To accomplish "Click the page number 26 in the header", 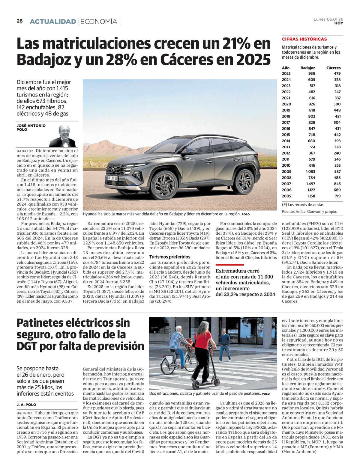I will point(19,21).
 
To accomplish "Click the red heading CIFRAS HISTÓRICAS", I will point(304,39).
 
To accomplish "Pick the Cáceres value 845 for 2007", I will point(337,184).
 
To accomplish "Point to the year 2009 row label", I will point(286,171).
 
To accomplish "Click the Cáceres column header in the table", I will point(333,68).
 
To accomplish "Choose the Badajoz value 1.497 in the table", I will point(310,184).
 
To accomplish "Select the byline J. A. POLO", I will point(26,405).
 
